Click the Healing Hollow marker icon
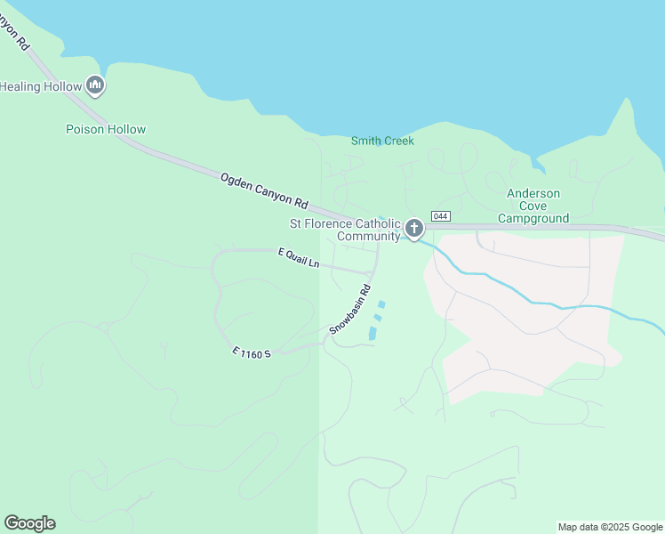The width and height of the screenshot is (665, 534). (x=96, y=85)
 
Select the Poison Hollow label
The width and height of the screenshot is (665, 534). (x=106, y=129)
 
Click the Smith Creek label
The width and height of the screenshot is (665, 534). (x=382, y=141)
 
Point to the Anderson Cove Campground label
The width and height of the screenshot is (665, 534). (x=533, y=206)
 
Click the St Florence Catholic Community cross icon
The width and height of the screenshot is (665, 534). (x=413, y=228)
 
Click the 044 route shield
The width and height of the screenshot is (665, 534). (x=440, y=216)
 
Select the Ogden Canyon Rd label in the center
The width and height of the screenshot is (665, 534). (x=264, y=190)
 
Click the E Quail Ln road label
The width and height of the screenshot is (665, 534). (x=298, y=258)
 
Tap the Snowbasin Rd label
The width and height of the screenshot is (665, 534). (x=349, y=310)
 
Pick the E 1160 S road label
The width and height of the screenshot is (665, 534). (x=251, y=353)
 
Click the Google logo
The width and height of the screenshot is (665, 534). (x=29, y=522)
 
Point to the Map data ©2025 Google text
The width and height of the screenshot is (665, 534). (x=610, y=527)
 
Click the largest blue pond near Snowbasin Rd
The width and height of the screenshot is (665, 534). (x=373, y=334)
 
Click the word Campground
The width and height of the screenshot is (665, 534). (x=533, y=218)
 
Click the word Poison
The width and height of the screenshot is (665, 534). (x=84, y=129)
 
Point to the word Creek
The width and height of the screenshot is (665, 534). (x=397, y=141)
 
